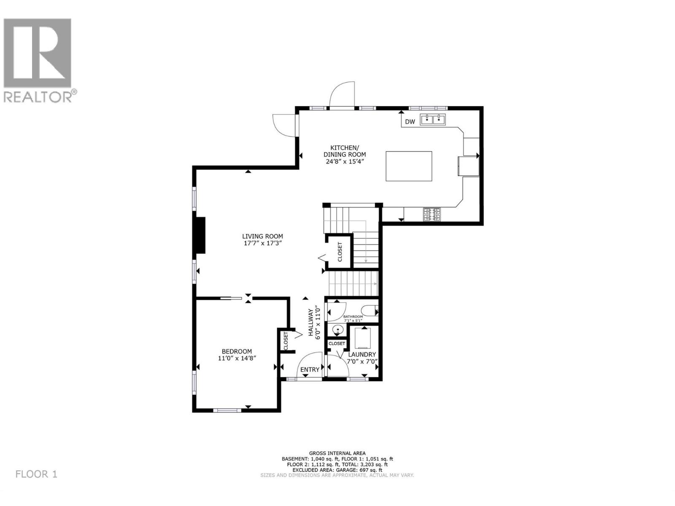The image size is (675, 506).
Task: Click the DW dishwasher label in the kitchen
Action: [x=410, y=122]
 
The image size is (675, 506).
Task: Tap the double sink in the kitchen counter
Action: [x=433, y=120]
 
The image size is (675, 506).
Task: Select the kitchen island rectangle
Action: [x=409, y=166]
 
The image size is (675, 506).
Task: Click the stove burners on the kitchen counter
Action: [x=432, y=214]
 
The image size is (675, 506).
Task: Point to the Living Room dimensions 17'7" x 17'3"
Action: [x=262, y=243]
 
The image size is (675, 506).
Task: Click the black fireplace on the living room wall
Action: [x=200, y=235]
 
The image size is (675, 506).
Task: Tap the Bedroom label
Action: [x=237, y=351]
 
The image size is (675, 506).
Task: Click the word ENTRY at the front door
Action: [x=310, y=370]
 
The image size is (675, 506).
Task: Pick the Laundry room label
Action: [x=362, y=355]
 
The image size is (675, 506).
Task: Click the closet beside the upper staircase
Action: [x=340, y=252]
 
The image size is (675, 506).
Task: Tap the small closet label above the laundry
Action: [x=337, y=344]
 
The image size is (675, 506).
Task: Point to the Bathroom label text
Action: [x=353, y=317]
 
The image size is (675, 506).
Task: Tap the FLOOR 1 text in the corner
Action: [x=36, y=474]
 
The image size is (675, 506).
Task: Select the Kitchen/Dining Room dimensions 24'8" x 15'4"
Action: [x=345, y=161]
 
